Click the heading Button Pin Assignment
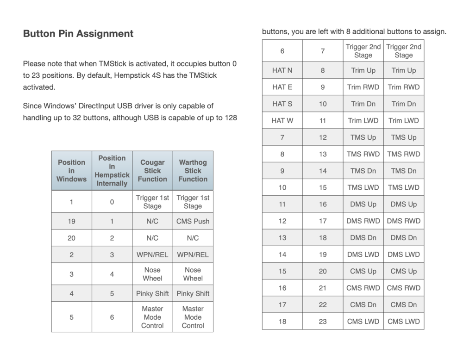(x=78, y=34)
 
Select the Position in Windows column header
(x=71, y=171)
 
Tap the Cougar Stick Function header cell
(x=152, y=171)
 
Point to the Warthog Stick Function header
(x=193, y=171)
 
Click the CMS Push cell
(x=193, y=221)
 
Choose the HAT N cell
(x=282, y=70)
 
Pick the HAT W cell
(x=282, y=121)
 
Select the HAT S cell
(x=282, y=104)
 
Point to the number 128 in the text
(x=230, y=118)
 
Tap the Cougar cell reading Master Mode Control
(x=152, y=317)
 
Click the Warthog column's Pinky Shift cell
(x=193, y=293)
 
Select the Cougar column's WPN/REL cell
(x=152, y=254)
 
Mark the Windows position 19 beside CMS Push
(x=71, y=221)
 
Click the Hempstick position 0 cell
(x=112, y=202)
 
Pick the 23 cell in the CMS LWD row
(x=323, y=321)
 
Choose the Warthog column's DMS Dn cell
(x=404, y=238)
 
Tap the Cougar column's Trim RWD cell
(x=363, y=87)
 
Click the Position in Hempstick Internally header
(x=112, y=171)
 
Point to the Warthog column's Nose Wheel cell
(x=193, y=274)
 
